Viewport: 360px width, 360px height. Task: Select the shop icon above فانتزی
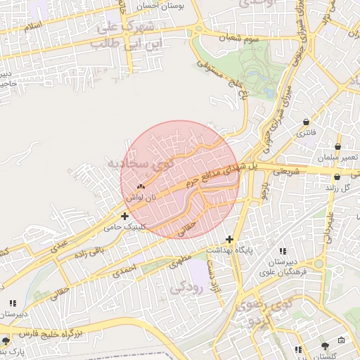click(x=306, y=122)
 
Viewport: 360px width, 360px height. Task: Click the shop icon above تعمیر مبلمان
click(x=337, y=147)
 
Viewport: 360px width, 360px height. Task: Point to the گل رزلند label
click(x=340, y=188)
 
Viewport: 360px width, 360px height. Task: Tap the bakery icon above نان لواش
click(x=141, y=187)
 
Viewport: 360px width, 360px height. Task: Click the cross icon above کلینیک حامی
click(x=124, y=216)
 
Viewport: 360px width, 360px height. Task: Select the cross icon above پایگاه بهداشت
click(x=229, y=240)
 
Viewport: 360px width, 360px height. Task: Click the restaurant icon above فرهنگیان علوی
click(x=283, y=251)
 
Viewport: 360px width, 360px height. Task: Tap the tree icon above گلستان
click(x=324, y=346)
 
